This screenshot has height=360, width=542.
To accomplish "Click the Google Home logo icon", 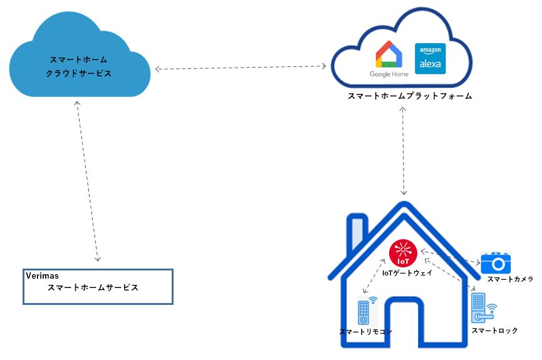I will [x=388, y=54].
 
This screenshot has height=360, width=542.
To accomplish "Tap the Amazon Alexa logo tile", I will [x=430, y=58].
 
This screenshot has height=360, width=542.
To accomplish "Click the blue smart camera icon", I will [x=496, y=262].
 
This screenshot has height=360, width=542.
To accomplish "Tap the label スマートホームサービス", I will [x=93, y=288].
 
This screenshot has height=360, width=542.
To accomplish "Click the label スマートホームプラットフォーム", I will [x=410, y=96].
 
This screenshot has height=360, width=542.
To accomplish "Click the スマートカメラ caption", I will [x=510, y=279].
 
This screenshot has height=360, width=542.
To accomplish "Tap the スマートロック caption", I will [x=495, y=331].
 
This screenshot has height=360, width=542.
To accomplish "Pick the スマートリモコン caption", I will [x=365, y=332].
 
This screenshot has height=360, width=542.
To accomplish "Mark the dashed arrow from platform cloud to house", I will [x=404, y=150].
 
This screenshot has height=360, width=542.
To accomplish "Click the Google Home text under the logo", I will [x=388, y=75].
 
